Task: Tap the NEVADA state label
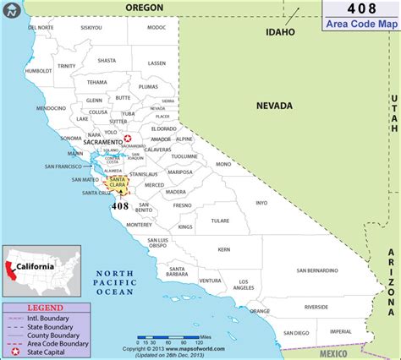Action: [274, 106]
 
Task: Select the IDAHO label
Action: [279, 32]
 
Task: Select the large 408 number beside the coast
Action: [119, 205]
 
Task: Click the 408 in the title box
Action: [361, 9]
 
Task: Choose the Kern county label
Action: [223, 250]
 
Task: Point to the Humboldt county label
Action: [39, 71]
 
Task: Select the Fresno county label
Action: [181, 205]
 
